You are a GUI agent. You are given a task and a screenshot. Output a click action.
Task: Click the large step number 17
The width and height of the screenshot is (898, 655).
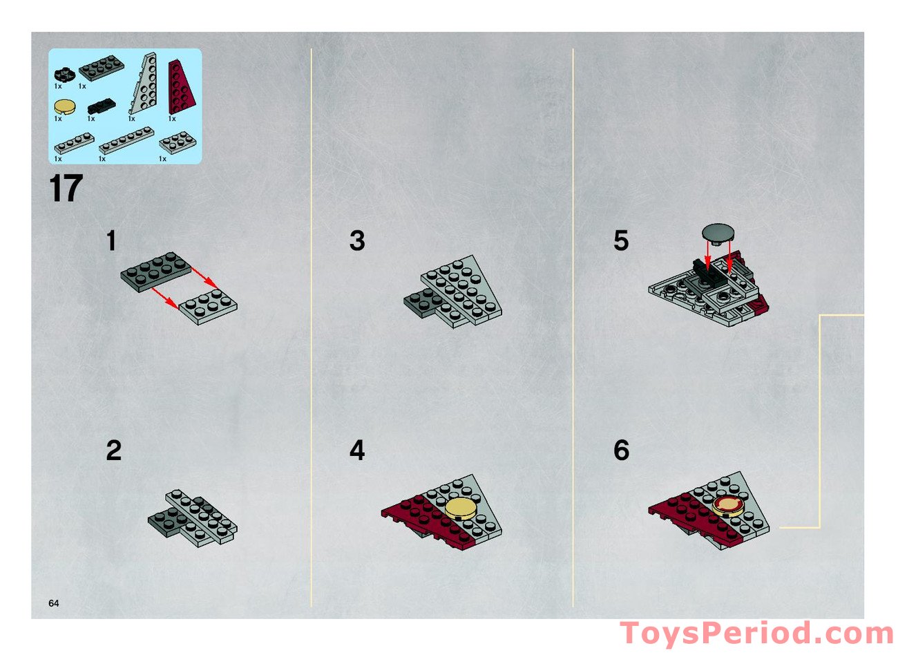point(66,189)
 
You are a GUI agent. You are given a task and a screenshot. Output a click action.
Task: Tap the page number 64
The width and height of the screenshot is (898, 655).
point(54,603)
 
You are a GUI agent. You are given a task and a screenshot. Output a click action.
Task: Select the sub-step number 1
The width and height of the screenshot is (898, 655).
point(111,241)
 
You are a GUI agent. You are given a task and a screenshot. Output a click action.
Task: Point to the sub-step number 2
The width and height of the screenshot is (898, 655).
point(113,450)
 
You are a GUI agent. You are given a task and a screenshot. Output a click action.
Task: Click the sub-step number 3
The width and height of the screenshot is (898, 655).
point(356,241)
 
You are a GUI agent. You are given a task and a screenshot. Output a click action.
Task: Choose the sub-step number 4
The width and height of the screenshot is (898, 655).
point(356,450)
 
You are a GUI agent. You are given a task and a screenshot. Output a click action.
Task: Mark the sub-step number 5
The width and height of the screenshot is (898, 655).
point(621,241)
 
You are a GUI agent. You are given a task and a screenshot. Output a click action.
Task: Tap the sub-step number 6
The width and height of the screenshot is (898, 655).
point(621,450)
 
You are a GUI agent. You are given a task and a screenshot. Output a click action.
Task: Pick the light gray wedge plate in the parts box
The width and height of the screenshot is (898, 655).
point(146,84)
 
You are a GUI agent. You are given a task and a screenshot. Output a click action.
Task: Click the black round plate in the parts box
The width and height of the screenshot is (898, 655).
point(63,72)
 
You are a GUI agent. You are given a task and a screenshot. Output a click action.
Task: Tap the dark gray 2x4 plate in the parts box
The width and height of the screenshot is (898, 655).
point(101,68)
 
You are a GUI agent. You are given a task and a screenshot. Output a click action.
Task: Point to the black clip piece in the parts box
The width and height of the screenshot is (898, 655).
point(101,106)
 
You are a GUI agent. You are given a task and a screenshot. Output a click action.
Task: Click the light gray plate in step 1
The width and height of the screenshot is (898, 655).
point(208,307)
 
